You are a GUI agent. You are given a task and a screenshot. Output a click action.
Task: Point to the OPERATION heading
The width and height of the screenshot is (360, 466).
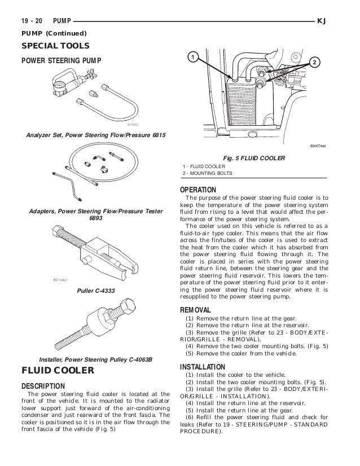pos(197,190)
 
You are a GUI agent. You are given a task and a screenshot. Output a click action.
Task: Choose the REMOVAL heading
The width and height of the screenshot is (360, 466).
pos(195,310)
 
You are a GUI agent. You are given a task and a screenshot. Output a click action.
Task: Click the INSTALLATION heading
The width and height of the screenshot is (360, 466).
pos(201,367)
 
